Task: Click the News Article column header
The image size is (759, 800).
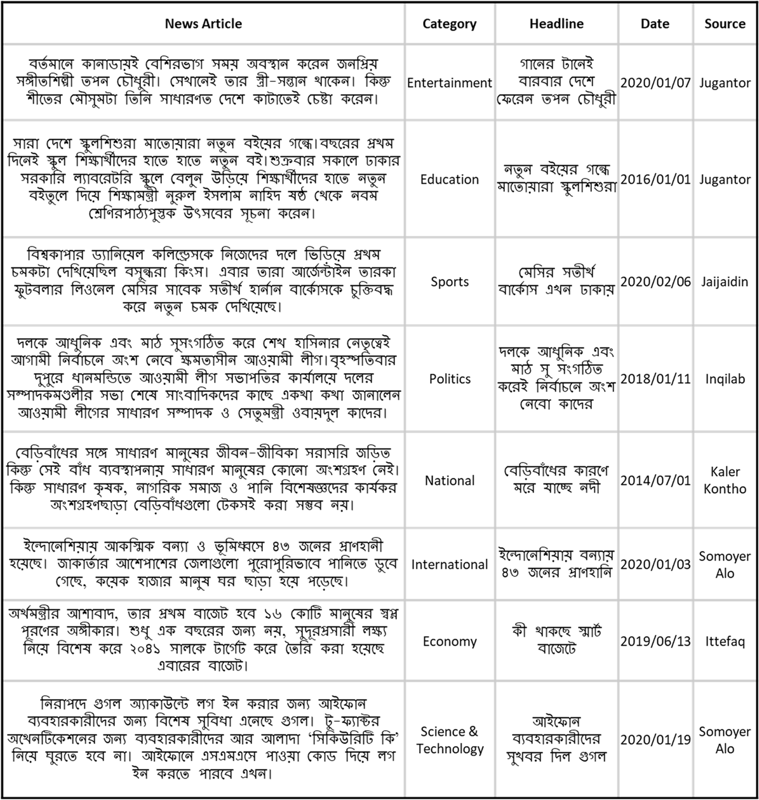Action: [x=203, y=24]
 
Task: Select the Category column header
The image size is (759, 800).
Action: [x=450, y=24]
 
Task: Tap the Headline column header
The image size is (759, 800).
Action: [x=556, y=24]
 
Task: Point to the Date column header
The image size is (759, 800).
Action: [x=655, y=24]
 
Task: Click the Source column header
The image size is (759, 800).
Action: [x=725, y=24]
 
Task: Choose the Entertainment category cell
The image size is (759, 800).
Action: [x=450, y=83]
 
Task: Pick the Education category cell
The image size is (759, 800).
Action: [x=450, y=179]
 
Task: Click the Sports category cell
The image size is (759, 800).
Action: [x=450, y=281]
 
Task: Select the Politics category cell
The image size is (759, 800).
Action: [x=450, y=379]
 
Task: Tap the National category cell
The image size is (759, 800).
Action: [x=450, y=480]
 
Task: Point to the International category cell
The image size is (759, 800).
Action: [x=450, y=564]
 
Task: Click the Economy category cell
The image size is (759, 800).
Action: [x=450, y=641]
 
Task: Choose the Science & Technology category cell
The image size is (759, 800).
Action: [x=450, y=740]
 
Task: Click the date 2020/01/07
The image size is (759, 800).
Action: [x=655, y=83]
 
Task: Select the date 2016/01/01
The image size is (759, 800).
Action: [x=655, y=179]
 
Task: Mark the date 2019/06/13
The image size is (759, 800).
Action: [x=655, y=641]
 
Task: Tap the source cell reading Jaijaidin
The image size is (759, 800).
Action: [x=725, y=281]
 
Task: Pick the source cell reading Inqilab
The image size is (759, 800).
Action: [x=725, y=379]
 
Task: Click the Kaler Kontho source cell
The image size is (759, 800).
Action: [x=725, y=480]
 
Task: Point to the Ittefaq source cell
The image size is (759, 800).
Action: [x=725, y=641]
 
